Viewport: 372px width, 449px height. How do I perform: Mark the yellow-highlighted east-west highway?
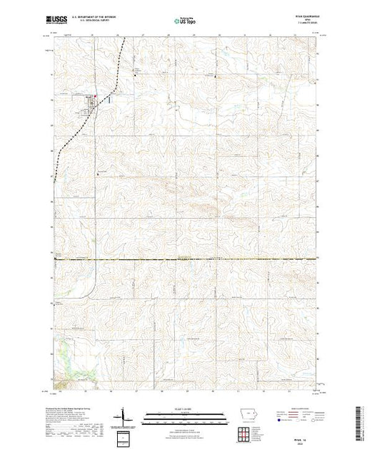(x=186, y=259)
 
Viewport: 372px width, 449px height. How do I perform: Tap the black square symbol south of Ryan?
(x=98, y=173)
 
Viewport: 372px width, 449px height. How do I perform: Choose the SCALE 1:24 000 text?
(x=186, y=408)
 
